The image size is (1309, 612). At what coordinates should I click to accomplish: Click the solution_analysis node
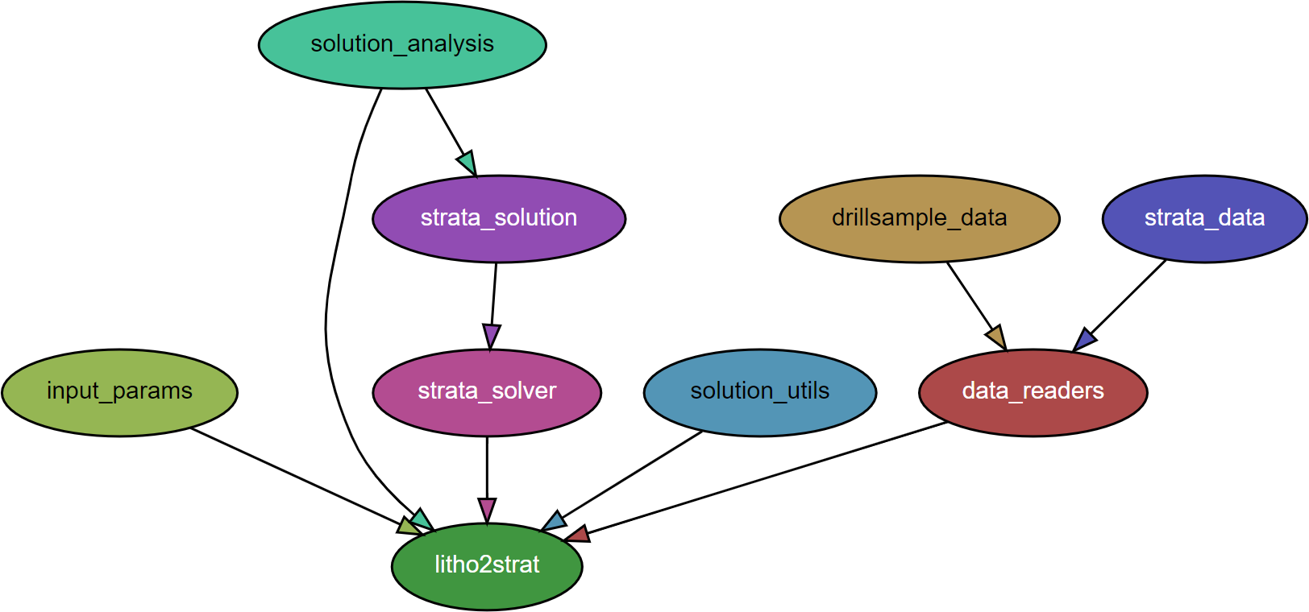click(402, 45)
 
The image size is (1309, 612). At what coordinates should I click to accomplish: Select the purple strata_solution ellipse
click(499, 219)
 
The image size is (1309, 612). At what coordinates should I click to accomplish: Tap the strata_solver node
click(487, 392)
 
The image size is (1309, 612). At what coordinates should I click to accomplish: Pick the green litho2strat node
click(487, 566)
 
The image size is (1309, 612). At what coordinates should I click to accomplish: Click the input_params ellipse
click(119, 392)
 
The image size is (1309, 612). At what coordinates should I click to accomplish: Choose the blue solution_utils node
click(759, 392)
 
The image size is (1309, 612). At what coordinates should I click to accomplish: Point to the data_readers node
click(1033, 392)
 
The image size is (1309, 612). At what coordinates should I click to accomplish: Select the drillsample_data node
click(919, 219)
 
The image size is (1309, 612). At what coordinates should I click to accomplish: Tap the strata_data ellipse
click(1204, 219)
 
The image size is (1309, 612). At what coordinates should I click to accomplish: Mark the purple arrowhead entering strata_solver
click(491, 336)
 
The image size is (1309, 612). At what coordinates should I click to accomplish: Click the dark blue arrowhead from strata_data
click(1084, 340)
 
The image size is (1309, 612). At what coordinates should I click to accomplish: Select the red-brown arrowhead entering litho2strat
click(577, 534)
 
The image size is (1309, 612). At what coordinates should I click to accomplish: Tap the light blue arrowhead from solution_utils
click(553, 521)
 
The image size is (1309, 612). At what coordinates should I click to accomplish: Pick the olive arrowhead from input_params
click(409, 527)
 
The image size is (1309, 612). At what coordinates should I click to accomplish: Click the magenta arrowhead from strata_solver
click(487, 510)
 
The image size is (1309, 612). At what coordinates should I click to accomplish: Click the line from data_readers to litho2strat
click(766, 478)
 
